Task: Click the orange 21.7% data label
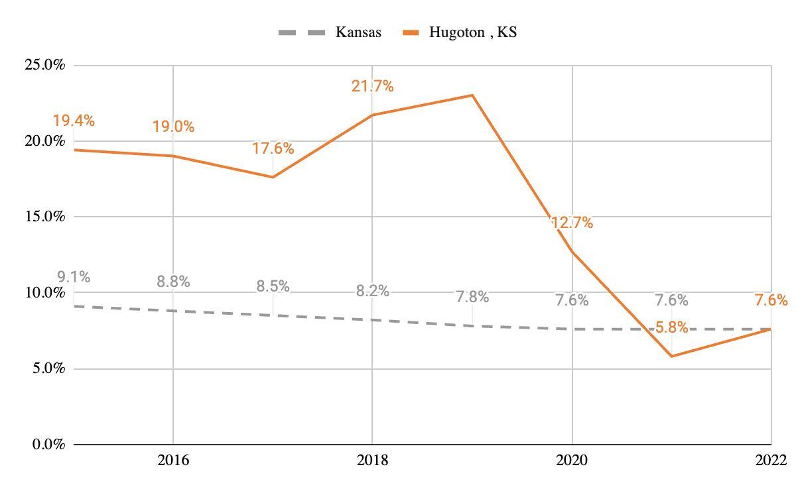[x=372, y=86]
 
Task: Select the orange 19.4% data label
[x=74, y=121]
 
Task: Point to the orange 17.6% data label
[x=273, y=148]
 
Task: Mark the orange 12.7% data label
[x=572, y=223]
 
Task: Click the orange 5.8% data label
[x=671, y=327]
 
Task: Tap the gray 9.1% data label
[x=74, y=277]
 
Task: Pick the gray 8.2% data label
[x=372, y=291]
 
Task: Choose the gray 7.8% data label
[x=472, y=297]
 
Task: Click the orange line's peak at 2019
[x=472, y=95]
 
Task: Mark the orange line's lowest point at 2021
[x=671, y=356]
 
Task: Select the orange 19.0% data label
[x=173, y=127]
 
